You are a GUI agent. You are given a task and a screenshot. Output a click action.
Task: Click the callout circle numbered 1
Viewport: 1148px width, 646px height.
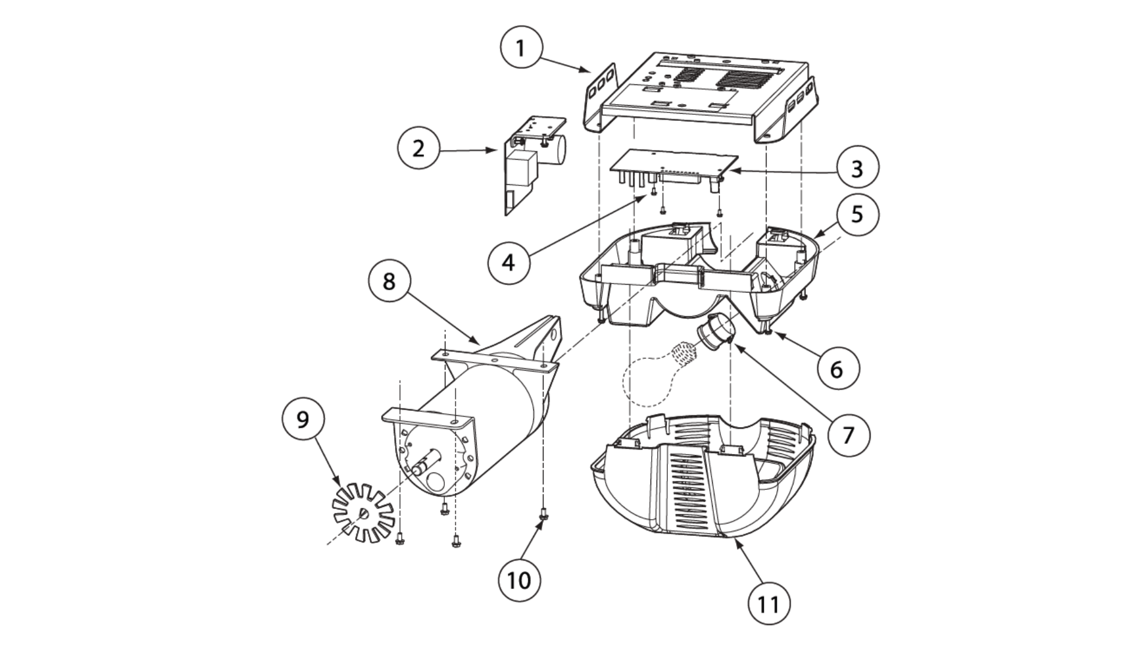[x=521, y=48]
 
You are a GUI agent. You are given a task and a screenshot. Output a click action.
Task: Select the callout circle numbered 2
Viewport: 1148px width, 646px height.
[x=419, y=148]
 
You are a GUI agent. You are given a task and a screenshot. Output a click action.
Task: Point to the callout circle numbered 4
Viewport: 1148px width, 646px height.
[x=509, y=261]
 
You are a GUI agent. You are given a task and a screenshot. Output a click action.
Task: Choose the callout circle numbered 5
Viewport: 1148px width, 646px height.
[x=857, y=214]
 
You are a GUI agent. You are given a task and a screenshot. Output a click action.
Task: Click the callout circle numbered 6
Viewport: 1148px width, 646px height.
[x=836, y=368]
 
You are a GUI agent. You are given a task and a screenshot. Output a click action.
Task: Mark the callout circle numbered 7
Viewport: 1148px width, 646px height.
[x=848, y=435]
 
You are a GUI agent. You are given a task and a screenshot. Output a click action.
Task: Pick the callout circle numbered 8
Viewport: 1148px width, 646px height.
[x=389, y=281]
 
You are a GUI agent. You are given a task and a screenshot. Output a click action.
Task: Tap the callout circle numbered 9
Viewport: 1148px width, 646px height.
[x=303, y=419]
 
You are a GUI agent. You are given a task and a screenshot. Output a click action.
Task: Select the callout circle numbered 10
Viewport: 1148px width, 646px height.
[x=519, y=579]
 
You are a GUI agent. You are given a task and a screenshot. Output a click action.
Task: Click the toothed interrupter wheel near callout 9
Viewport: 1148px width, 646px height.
[x=362, y=513]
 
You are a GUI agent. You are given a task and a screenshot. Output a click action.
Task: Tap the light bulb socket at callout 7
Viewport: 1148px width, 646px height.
[x=715, y=333]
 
